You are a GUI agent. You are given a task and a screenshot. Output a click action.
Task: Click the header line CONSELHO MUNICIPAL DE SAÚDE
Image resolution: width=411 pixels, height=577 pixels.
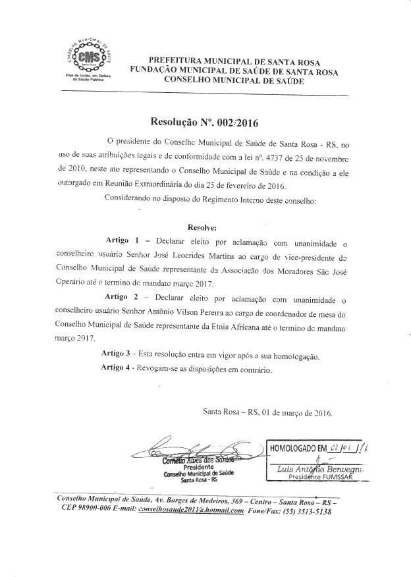click(x=233, y=79)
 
